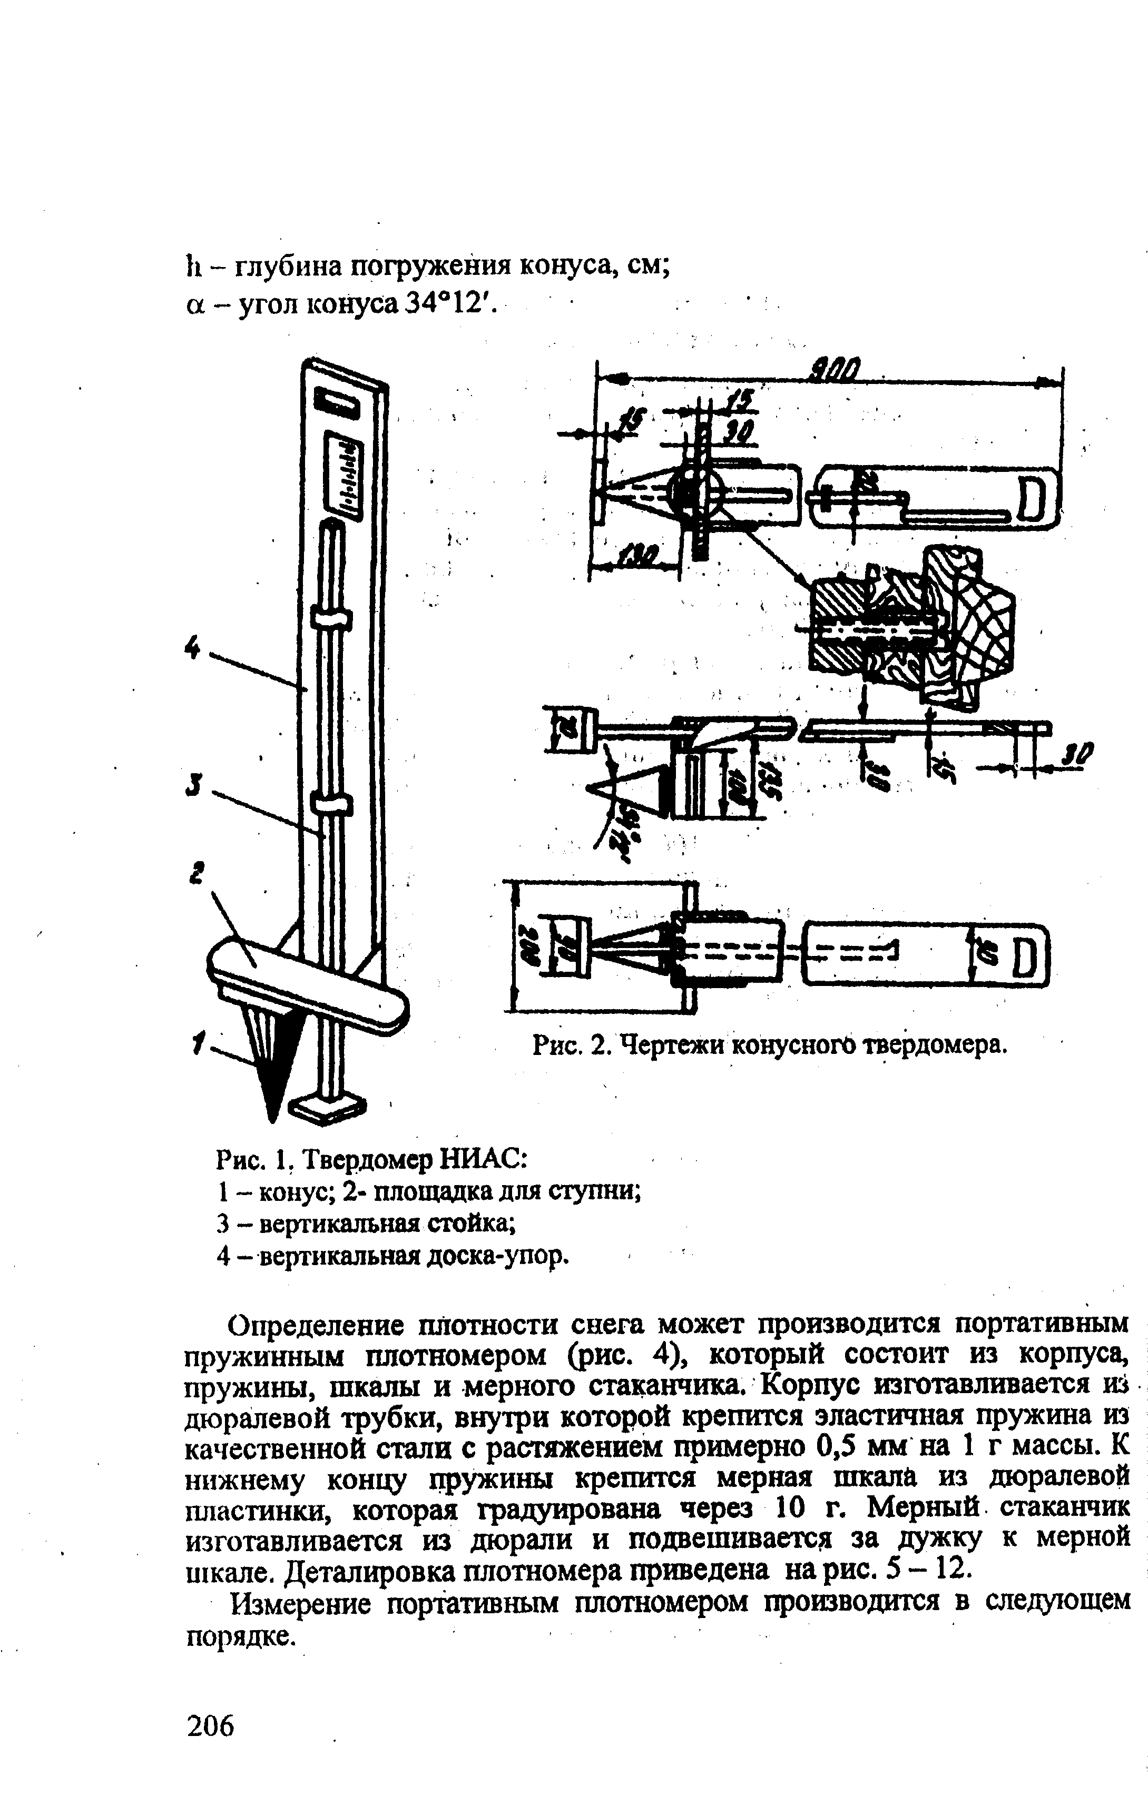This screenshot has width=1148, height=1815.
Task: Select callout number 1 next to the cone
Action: pos(198,1044)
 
